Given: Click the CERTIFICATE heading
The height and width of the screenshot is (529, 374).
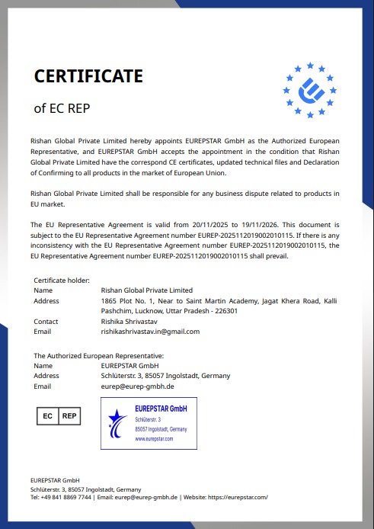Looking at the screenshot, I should pos(88,76).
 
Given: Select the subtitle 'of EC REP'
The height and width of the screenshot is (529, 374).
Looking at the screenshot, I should pos(62,108).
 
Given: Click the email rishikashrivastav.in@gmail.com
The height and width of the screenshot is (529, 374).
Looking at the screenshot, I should pos(150,332).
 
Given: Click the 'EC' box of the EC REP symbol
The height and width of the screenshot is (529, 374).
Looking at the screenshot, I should pos(47,416).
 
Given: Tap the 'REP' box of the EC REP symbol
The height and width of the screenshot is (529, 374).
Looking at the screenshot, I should pos(69,416).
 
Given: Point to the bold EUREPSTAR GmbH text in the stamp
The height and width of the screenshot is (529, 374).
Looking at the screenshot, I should pos(161,409).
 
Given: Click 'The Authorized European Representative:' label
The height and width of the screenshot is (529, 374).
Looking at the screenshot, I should pos(98,356).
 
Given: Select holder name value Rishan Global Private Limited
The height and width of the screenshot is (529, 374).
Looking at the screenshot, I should pos(146,290).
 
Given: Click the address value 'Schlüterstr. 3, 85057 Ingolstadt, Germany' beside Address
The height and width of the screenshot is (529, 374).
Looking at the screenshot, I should pos(165,376).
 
